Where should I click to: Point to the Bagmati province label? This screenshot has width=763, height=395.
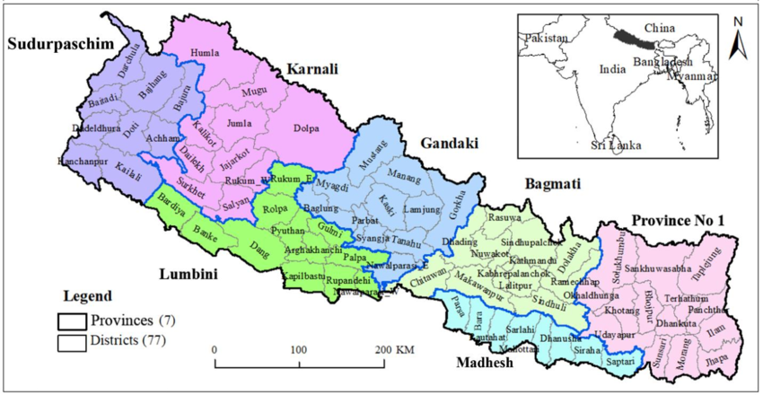pos(551,183)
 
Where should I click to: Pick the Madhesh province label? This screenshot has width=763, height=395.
pos(484,363)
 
